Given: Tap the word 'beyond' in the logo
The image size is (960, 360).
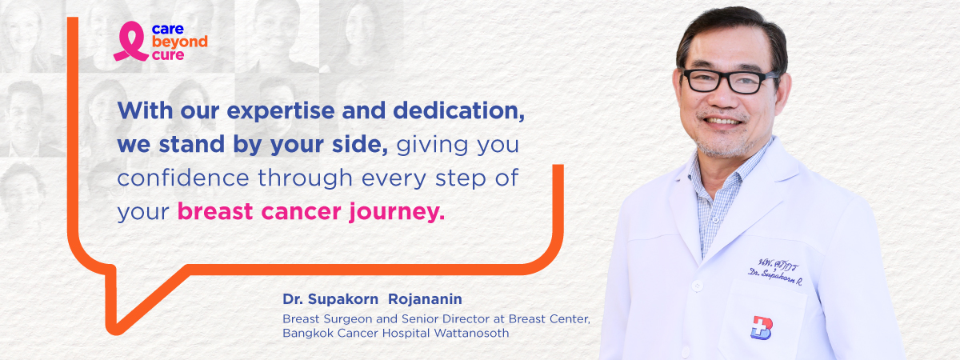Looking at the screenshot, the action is pyautogui.click(x=179, y=42).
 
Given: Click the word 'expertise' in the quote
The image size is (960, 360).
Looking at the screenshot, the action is pyautogui.click(x=281, y=111).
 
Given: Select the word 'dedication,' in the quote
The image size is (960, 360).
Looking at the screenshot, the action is pyautogui.click(x=458, y=111).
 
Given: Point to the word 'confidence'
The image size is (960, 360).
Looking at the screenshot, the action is pyautogui.click(x=183, y=178).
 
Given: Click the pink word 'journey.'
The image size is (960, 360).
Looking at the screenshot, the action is pyautogui.click(x=397, y=212).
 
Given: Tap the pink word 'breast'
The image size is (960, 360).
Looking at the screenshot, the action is pyautogui.click(x=215, y=211).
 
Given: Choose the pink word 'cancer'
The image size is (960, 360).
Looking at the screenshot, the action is pyautogui.click(x=301, y=212).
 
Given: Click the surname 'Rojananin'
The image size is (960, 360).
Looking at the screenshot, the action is pyautogui.click(x=425, y=299).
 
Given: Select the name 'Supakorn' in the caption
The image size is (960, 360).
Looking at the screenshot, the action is pyautogui.click(x=343, y=299).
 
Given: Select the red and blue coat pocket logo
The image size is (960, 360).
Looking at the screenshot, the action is pyautogui.click(x=761, y=328).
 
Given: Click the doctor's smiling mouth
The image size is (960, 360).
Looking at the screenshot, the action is pyautogui.click(x=724, y=122).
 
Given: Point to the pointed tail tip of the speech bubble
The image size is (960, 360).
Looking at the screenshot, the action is pyautogui.click(x=115, y=331).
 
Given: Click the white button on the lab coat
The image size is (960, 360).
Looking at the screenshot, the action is pyautogui.click(x=698, y=286).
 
